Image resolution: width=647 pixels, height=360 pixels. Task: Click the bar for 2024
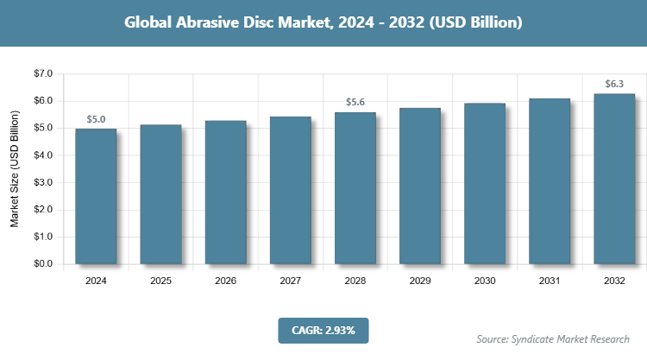click(x=96, y=196)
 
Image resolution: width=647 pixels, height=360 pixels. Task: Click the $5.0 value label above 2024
click(x=96, y=119)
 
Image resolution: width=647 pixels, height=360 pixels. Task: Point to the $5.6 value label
click(x=355, y=103)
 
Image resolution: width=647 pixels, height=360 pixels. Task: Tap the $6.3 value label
click(x=614, y=84)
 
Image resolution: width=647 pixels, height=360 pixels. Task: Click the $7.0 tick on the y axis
click(x=42, y=74)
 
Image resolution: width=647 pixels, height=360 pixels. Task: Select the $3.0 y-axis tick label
click(x=42, y=183)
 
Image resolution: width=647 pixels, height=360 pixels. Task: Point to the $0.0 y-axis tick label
click(x=42, y=264)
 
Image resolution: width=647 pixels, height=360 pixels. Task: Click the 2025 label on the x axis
click(x=160, y=281)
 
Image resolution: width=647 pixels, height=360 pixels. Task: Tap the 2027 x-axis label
click(x=290, y=281)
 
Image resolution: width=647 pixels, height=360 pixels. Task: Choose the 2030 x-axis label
click(x=485, y=281)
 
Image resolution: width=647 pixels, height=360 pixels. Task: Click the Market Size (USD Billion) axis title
click(x=15, y=169)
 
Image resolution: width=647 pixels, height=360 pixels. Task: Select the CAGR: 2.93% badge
click(x=323, y=330)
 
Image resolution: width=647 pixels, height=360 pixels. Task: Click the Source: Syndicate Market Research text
click(x=553, y=338)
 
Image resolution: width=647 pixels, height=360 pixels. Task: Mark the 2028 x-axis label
click(x=355, y=281)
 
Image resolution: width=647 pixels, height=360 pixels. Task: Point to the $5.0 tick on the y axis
click(x=42, y=129)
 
